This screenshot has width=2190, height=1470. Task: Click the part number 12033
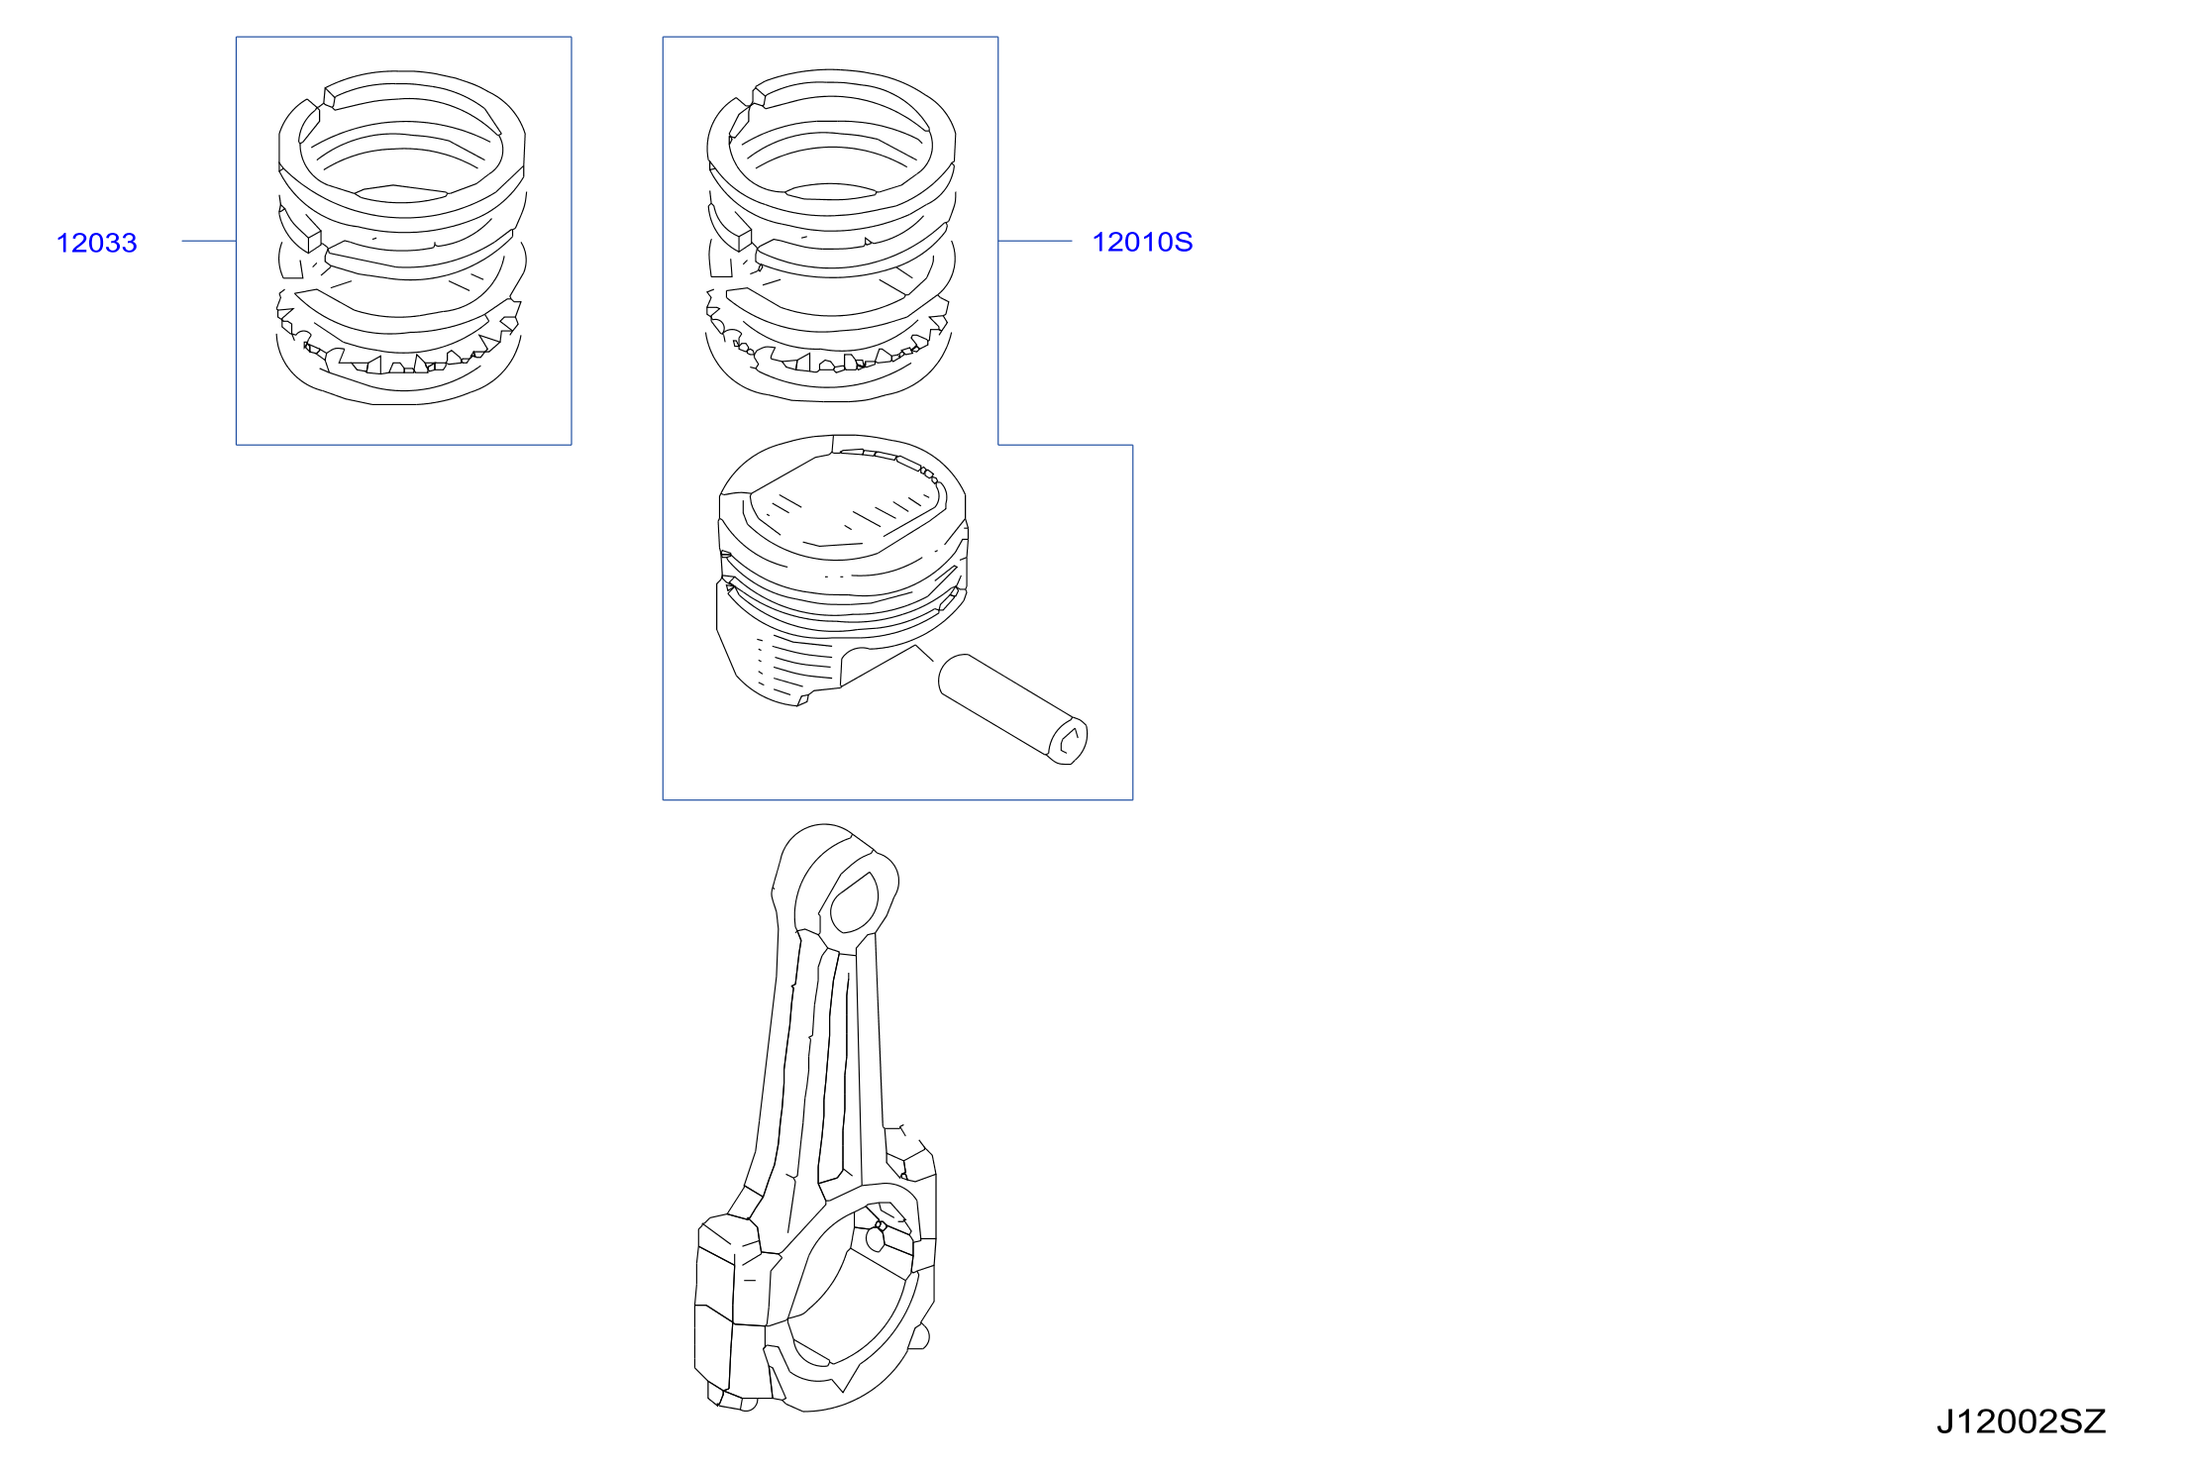pyautogui.click(x=97, y=243)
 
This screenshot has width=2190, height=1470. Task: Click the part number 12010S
pyautogui.click(x=1142, y=242)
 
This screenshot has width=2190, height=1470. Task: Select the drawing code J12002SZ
pyautogui.click(x=2021, y=1421)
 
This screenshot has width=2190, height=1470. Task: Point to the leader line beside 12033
pyautogui.click(x=209, y=241)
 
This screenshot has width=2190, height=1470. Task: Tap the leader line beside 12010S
pyautogui.click(x=1035, y=241)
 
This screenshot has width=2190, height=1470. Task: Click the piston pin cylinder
pyautogui.click(x=1012, y=708)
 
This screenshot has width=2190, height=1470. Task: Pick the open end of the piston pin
pyautogui.click(x=1068, y=742)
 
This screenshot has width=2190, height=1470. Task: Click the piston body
pyautogui.click(x=842, y=570)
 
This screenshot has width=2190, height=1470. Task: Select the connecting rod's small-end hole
pyautogui.click(x=854, y=902)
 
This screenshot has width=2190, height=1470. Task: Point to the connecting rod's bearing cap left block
pyautogui.click(x=731, y=1308)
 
